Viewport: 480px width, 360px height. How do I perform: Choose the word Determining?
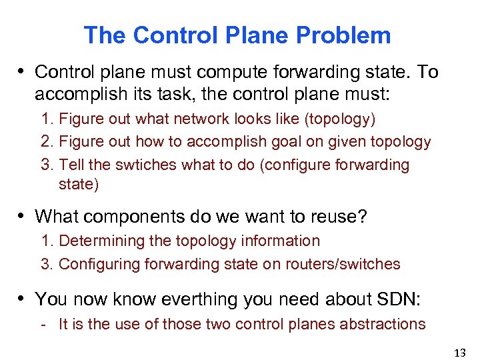101,241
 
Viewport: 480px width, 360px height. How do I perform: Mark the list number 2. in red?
47,142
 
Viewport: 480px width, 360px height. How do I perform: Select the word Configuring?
97,264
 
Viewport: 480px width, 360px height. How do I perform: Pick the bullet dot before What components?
23,216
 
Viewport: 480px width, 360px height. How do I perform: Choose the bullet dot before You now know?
23,298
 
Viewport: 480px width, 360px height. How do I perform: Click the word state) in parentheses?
79,185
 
